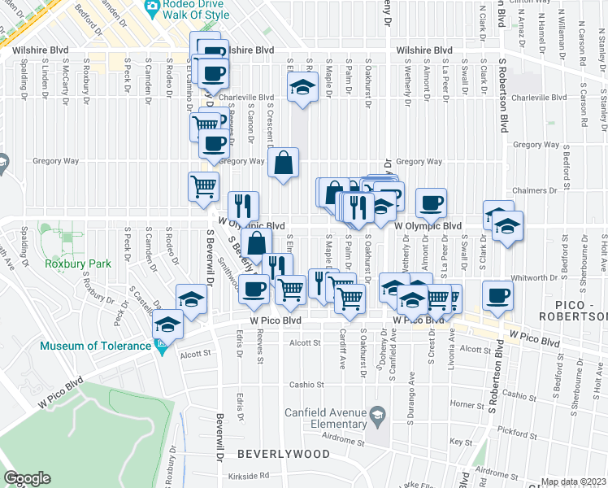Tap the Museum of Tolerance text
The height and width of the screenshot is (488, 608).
pos(96,346)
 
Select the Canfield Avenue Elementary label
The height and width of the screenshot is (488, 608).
pos(324,418)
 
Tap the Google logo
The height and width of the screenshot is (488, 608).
pos(26,478)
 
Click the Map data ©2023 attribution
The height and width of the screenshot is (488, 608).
pos(574,481)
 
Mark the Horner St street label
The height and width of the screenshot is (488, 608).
pos(467,403)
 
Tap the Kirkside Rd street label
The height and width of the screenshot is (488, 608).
pos(249,475)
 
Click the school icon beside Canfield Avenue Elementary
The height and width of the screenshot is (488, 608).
pos(376,417)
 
